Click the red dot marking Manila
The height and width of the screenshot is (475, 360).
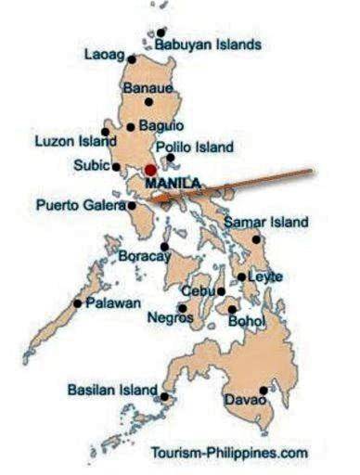click(x=150, y=171)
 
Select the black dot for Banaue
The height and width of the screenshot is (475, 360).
click(x=174, y=102)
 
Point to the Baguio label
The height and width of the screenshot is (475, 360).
click(x=162, y=125)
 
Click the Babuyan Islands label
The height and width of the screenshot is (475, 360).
click(x=208, y=45)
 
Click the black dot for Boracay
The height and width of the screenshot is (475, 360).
click(x=165, y=247)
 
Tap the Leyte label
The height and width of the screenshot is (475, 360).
click(x=265, y=276)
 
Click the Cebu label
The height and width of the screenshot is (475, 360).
click(x=201, y=291)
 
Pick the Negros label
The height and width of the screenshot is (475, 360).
click(x=170, y=318)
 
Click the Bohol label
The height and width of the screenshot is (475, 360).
click(x=246, y=321)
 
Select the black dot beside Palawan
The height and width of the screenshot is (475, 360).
click(x=77, y=302)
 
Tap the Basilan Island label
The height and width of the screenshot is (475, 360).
click(x=111, y=391)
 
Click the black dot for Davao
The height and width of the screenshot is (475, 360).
click(x=264, y=391)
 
